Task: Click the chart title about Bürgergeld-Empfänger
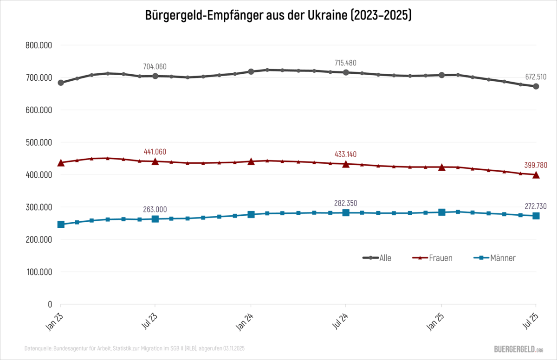pos(278,15)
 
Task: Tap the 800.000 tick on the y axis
pos(39,45)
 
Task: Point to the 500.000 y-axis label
pos(39,142)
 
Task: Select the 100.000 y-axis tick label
pos(39,272)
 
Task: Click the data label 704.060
pos(155,66)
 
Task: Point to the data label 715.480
pos(345,63)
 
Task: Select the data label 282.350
pos(345,203)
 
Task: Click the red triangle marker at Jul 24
pos(346,164)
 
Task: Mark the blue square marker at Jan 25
pos(441,212)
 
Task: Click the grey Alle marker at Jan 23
pos(61,83)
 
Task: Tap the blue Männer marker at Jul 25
pos(536,216)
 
